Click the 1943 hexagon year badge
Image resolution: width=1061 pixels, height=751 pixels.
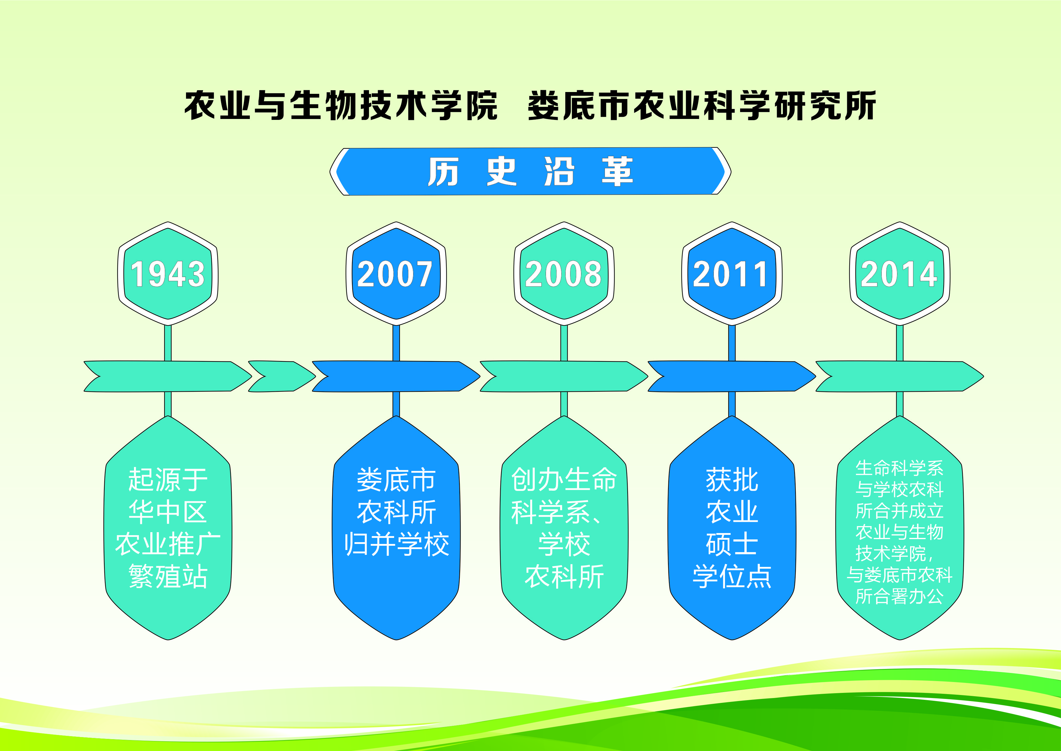(x=168, y=273)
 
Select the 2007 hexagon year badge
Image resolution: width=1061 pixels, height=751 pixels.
(x=396, y=273)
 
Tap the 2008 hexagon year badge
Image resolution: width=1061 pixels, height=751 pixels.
(x=564, y=273)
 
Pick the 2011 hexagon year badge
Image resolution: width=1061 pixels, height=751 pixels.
(x=732, y=273)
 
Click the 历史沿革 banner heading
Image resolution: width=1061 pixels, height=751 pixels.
(x=530, y=171)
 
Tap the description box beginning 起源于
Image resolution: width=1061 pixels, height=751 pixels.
(x=168, y=528)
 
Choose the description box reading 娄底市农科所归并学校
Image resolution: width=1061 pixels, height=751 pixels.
(x=396, y=528)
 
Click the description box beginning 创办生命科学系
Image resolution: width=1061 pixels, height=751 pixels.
(x=564, y=528)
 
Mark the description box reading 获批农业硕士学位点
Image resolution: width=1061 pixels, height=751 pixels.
(x=732, y=528)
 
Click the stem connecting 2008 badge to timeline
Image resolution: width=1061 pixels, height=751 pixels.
(x=564, y=343)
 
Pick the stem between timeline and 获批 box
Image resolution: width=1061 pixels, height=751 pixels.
(x=732, y=404)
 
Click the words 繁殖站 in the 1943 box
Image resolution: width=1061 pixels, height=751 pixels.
(x=168, y=576)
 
